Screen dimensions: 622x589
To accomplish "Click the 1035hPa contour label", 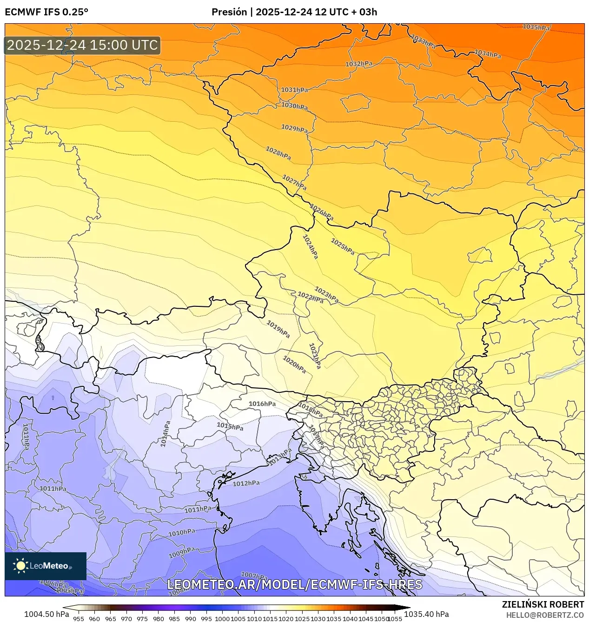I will tap(536, 27).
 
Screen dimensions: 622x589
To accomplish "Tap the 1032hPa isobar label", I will tap(358, 64).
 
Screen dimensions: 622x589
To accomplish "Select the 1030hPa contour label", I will tap(294, 106).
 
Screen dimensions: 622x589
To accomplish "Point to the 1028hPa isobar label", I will tap(278, 153).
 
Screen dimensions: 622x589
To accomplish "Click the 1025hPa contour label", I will tap(342, 246).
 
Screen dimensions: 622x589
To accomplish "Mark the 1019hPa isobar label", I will tap(278, 329).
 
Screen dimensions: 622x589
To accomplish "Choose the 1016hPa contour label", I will tap(262, 404).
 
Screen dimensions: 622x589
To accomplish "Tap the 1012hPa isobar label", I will tap(246, 483).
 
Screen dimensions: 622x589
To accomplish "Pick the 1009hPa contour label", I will tap(181, 553).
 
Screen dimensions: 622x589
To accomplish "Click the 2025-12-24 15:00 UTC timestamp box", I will tap(82, 45).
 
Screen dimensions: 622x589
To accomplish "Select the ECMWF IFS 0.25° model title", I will tap(46, 12).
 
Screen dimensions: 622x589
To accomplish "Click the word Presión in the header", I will tap(229, 12).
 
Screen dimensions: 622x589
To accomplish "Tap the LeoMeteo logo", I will tap(45, 566).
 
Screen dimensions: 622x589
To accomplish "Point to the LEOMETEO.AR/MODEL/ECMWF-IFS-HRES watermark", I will tap(294, 584).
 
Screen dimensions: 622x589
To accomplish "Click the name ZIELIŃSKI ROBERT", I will tap(543, 604).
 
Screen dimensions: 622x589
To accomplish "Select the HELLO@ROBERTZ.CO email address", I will tap(545, 615).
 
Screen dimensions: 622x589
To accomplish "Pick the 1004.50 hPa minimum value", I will tap(46, 614).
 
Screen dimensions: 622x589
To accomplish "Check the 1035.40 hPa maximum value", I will tap(426, 614).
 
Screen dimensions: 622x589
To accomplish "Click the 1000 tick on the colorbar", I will tap(222, 619).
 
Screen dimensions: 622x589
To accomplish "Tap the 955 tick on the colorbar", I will tap(79, 619).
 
